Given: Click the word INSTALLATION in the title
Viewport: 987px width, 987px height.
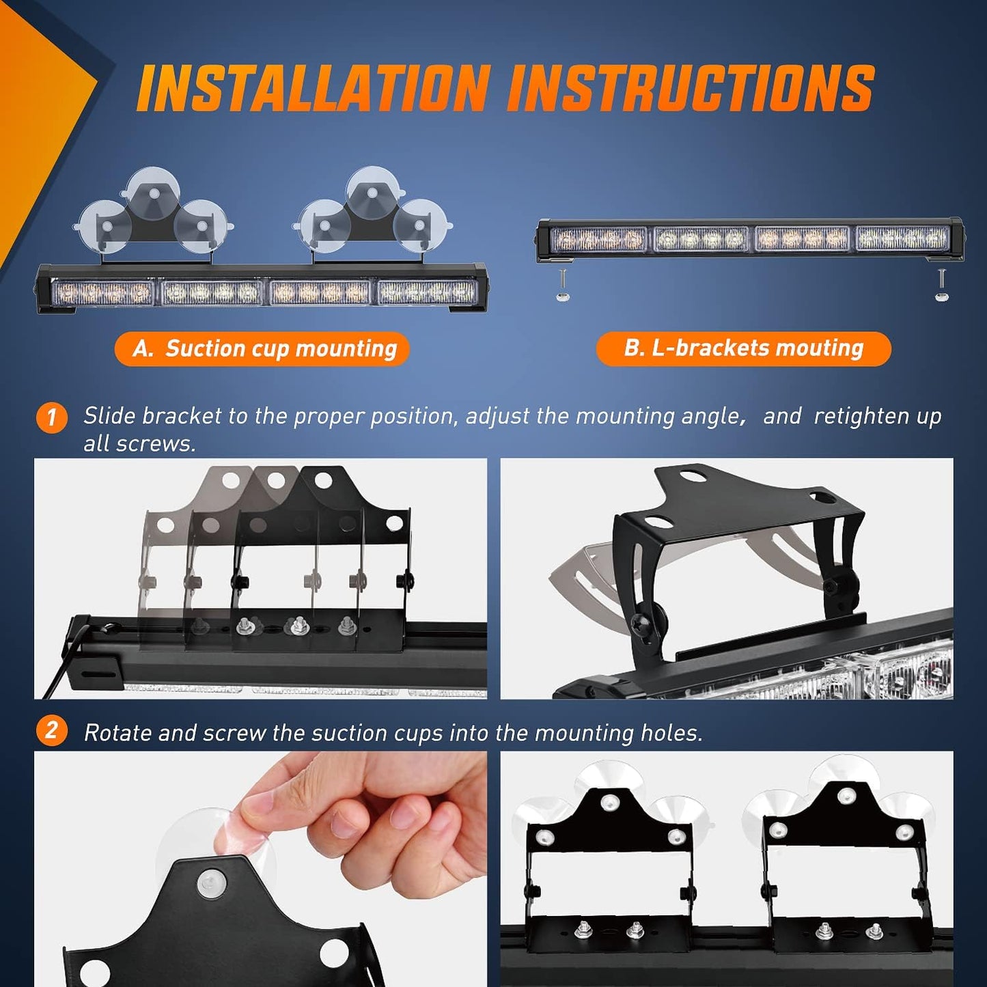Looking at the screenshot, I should (314, 88).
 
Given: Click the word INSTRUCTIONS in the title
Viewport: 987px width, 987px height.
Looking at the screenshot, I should (691, 88).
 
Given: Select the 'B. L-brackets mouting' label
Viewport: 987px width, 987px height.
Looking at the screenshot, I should (743, 348).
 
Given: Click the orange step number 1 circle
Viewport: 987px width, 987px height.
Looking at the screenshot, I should (51, 417).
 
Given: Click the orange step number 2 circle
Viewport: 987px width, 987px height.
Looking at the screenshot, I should (51, 731).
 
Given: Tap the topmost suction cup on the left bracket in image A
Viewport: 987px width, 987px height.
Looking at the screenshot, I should (154, 190).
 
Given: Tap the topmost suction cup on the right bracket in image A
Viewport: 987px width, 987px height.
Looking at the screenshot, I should (372, 190).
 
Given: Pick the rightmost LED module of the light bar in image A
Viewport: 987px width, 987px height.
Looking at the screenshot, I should (427, 292).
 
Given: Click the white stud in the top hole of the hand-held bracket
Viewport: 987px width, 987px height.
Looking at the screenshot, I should (211, 884).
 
